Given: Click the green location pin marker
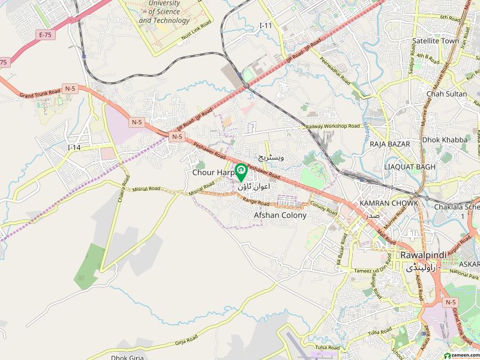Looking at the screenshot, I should click(x=241, y=172).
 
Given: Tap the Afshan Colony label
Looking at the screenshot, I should click(x=280, y=215).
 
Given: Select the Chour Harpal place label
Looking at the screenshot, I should click(x=212, y=172).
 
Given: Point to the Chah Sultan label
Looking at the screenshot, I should click(x=446, y=94).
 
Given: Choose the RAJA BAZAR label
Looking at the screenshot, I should click(x=390, y=144).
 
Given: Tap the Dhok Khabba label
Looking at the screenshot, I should click(x=445, y=140).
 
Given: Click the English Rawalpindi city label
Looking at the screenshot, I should click(x=424, y=255).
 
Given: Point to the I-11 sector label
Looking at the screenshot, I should click(x=266, y=25).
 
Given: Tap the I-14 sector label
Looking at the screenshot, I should click(x=74, y=147).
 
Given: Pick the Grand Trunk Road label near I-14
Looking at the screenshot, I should click(x=40, y=93).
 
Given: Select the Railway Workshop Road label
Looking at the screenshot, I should click(x=331, y=126).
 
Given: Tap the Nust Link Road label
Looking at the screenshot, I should click(x=197, y=31).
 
